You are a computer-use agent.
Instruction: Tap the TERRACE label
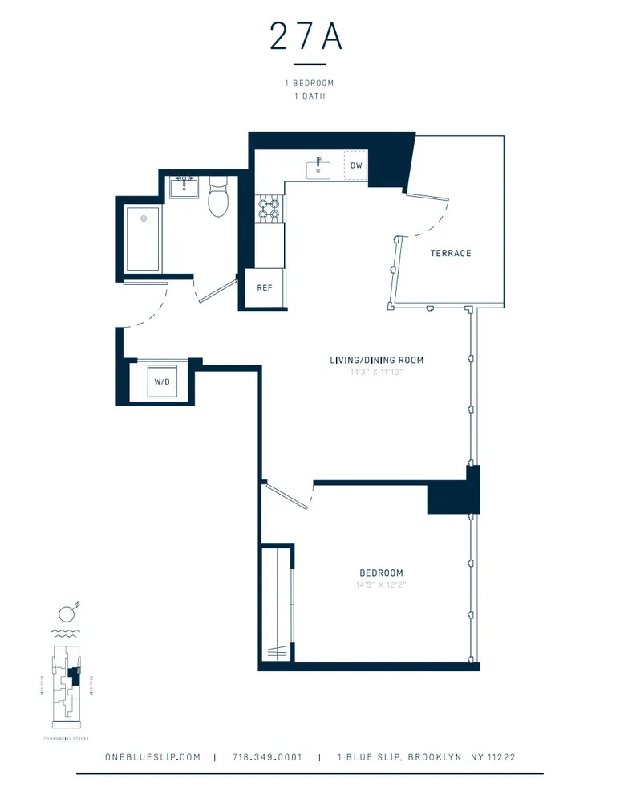pyautogui.click(x=450, y=253)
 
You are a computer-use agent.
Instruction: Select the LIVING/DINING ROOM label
pyautogui.click(x=376, y=360)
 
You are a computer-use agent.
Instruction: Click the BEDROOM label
pyautogui.click(x=381, y=573)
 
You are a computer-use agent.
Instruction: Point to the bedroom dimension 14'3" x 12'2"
pyautogui.click(x=381, y=585)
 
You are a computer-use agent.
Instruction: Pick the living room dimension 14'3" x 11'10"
pyautogui.click(x=376, y=373)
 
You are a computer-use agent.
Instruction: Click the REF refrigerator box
pyautogui.click(x=264, y=288)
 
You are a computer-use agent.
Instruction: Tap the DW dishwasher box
pyautogui.click(x=355, y=165)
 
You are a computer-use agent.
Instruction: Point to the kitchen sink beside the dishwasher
pyautogui.click(x=318, y=168)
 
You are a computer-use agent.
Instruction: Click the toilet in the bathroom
pyautogui.click(x=218, y=200)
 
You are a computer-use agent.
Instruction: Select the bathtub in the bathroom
pyautogui.click(x=143, y=238)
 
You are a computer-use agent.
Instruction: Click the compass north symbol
pyautogui.click(x=69, y=613)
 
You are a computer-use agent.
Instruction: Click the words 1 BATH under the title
pyautogui.click(x=309, y=96)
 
